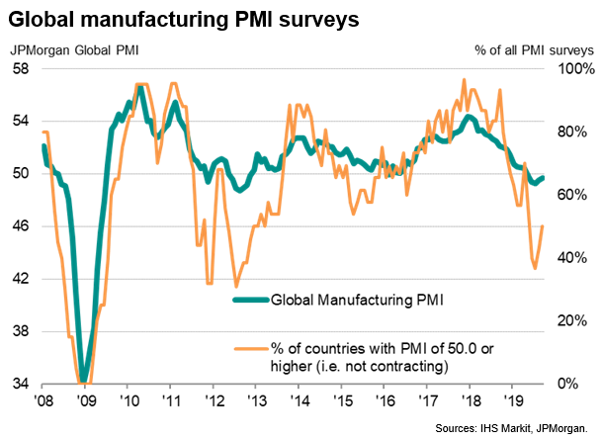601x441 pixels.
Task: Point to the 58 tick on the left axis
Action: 19,67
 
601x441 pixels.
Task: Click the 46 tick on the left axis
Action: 19,226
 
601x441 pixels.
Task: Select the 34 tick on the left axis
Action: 19,385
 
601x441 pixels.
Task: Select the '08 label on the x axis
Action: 43,402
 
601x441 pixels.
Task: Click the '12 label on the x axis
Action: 214,402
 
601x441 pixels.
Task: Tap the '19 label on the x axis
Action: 512,402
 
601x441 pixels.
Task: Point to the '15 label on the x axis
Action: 341,402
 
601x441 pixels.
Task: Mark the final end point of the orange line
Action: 543,226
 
